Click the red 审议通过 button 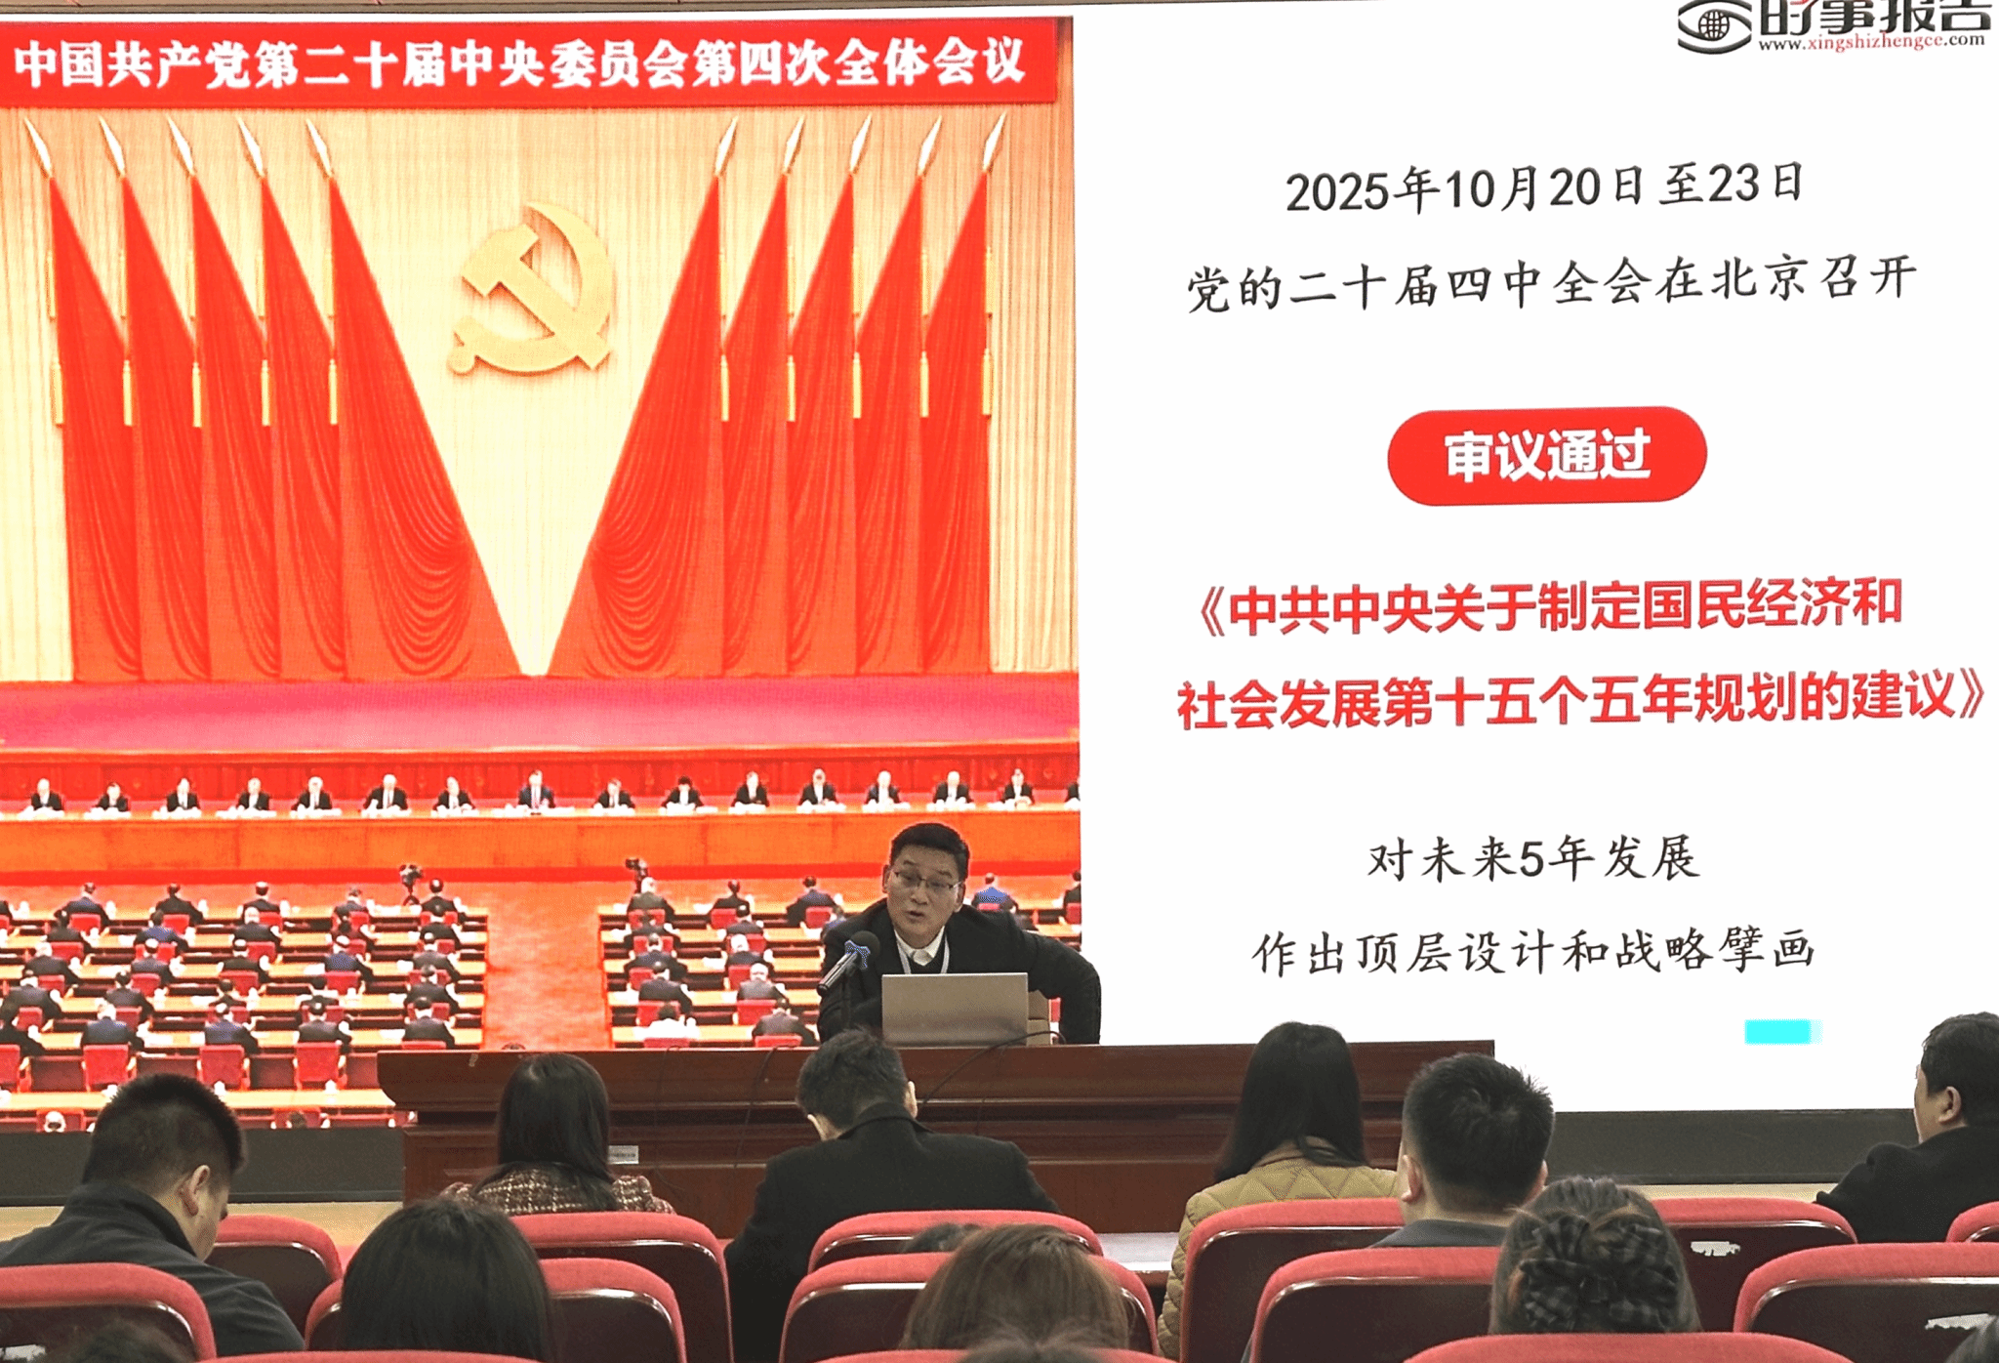pos(1546,456)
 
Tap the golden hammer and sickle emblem pos(532,290)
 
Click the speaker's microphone pos(847,962)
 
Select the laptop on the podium pos(955,1009)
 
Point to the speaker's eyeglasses pos(925,885)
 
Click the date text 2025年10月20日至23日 pos(1543,186)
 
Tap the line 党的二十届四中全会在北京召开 pos(1551,282)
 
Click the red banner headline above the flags pos(519,62)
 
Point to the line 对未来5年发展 pos(1533,859)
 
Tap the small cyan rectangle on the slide pos(1782,1031)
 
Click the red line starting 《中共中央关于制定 pos(1550,605)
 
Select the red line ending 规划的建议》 pos(1581,699)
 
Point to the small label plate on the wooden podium pos(622,1155)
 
